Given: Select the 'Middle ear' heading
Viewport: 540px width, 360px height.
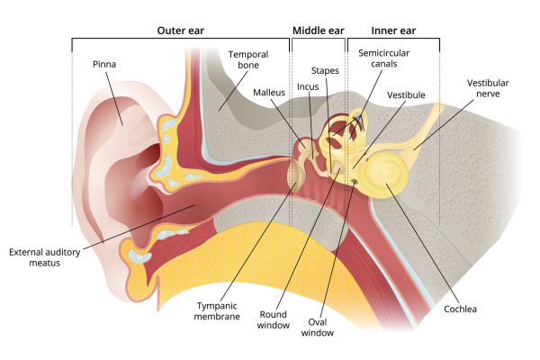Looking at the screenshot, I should point(317,31).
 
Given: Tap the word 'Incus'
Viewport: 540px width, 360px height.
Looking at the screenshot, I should point(308,87).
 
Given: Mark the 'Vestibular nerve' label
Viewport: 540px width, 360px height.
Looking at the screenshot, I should point(486,88).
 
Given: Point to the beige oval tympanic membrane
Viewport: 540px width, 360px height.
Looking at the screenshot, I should point(294,172).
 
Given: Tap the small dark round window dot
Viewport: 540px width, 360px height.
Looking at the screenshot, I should point(354,181).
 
